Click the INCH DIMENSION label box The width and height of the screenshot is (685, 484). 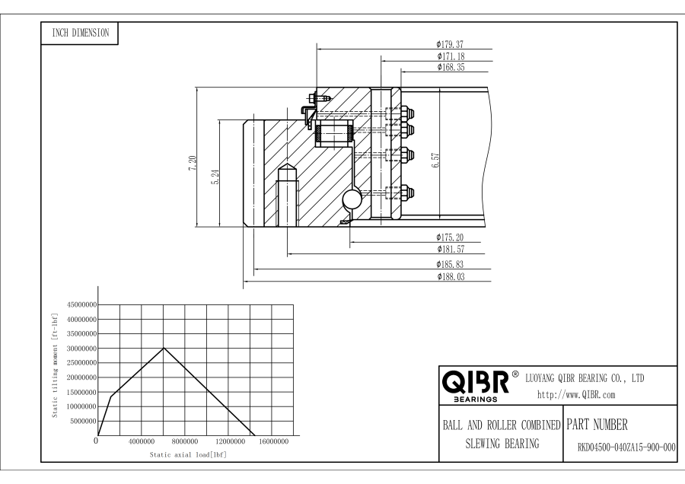[x=80, y=33]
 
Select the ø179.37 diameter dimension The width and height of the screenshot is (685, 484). [x=451, y=44]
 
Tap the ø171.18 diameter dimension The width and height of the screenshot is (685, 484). [x=451, y=56]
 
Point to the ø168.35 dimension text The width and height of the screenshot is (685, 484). [x=451, y=67]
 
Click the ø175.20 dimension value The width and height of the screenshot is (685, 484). [x=451, y=237]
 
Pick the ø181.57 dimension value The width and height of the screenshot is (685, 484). [x=451, y=249]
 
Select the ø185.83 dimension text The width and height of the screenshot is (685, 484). [x=451, y=264]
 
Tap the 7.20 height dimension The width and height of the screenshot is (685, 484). [x=193, y=162]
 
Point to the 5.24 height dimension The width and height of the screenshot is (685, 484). [x=216, y=177]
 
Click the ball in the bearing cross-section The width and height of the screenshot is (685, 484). [x=354, y=199]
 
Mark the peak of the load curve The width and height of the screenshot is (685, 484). [x=164, y=348]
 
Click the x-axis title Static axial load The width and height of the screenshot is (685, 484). [x=188, y=454]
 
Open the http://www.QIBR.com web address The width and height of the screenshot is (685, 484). [x=576, y=394]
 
